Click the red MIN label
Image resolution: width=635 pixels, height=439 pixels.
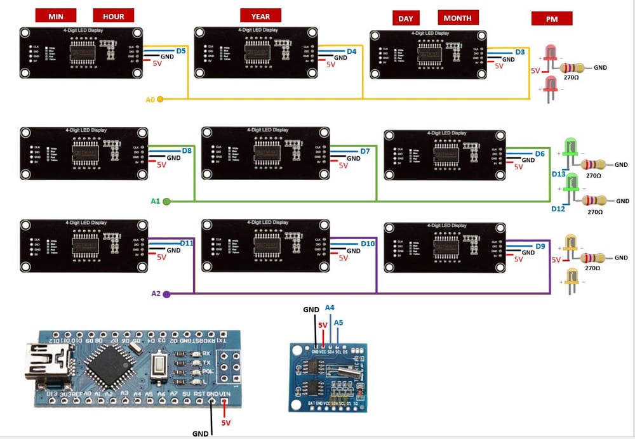tap(56, 16)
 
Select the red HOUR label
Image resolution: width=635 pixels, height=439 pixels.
tap(114, 16)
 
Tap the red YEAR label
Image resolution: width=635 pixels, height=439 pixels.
tap(260, 16)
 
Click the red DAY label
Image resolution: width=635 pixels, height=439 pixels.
tap(406, 18)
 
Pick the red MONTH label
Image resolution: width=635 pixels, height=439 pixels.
tap(457, 18)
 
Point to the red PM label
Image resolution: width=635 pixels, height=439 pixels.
tap(552, 19)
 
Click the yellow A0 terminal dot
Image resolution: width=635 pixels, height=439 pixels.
tap(160, 99)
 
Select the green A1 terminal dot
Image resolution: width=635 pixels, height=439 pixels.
tap(166, 201)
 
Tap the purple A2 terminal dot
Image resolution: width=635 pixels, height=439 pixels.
tap(166, 294)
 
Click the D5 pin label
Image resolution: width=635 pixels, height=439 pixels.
tap(181, 50)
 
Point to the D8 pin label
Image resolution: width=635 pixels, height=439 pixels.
tap(187, 151)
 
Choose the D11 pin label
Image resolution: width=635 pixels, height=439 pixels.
tap(187, 244)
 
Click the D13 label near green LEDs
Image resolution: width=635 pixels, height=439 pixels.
tap(558, 173)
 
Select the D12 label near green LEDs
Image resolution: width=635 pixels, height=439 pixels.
tap(558, 209)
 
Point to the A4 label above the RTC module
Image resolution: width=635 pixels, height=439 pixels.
tap(330, 308)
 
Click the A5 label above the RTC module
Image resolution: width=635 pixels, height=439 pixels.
tap(338, 322)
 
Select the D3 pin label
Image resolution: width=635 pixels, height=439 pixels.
tap(520, 52)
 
